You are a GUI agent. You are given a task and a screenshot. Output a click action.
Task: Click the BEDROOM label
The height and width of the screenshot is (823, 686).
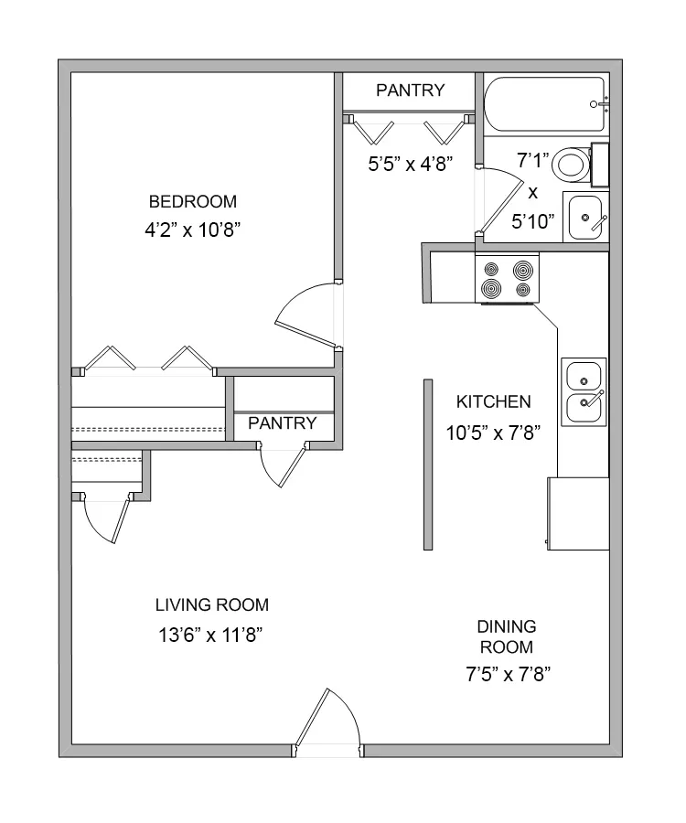(193, 201)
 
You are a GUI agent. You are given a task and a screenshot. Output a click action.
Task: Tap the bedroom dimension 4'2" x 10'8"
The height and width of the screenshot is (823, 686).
(193, 230)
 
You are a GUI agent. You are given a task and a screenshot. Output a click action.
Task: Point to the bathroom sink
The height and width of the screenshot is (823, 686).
(586, 218)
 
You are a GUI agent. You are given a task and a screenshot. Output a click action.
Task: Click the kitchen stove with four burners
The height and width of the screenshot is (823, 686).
(507, 278)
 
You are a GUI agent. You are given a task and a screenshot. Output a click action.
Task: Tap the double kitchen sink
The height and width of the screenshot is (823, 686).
(584, 392)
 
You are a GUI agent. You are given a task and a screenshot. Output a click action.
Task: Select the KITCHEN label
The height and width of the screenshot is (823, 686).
(493, 402)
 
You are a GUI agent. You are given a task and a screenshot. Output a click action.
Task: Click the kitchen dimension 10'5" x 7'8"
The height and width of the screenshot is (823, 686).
(493, 433)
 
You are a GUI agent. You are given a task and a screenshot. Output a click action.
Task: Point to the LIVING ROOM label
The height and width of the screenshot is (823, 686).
(212, 605)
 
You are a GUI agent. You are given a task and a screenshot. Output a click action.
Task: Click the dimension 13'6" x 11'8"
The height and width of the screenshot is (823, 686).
(210, 636)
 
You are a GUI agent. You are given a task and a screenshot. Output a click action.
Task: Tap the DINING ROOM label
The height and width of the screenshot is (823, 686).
(507, 636)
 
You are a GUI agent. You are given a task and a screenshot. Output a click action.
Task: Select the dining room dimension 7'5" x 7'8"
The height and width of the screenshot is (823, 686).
(508, 674)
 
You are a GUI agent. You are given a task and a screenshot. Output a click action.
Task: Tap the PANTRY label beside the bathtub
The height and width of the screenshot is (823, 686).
(411, 91)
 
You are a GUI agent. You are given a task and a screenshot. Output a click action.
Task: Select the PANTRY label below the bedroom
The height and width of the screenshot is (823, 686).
(283, 423)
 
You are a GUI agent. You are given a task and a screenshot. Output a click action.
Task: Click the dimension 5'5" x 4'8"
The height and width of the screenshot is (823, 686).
(411, 165)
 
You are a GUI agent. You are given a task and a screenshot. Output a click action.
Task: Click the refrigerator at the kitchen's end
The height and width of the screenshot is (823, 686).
(578, 514)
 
